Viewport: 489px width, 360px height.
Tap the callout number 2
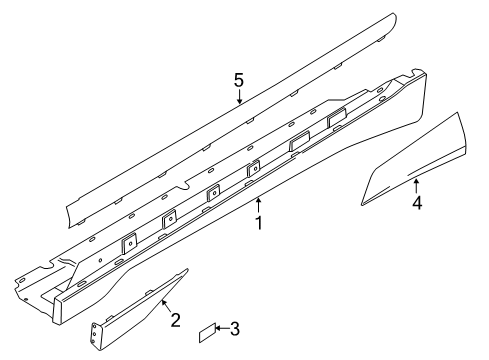coord(174,319)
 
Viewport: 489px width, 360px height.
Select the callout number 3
coord(234,327)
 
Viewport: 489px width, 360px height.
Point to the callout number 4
coord(416,203)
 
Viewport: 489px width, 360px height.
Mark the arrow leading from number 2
coord(163,302)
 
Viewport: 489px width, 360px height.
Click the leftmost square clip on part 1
coord(128,242)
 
